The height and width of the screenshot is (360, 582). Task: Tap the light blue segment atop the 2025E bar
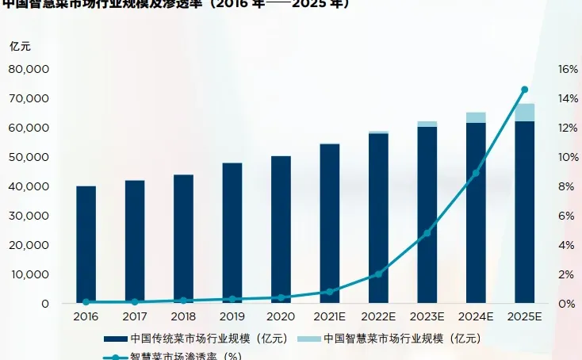[524, 113]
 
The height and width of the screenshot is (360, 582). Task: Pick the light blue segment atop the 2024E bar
[476, 117]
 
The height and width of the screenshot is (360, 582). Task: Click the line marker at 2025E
[524, 90]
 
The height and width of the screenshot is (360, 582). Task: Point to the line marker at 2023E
[427, 233]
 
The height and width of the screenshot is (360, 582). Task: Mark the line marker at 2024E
[476, 173]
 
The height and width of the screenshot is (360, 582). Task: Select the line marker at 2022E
[378, 274]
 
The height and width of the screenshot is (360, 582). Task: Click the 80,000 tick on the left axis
[29, 69]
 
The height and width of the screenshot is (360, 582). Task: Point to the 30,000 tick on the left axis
[29, 216]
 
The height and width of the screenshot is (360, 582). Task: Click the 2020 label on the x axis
[281, 316]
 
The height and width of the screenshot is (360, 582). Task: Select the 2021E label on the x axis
[329, 316]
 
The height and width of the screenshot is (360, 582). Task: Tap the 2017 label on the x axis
[135, 316]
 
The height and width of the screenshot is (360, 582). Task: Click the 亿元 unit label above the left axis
[20, 45]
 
